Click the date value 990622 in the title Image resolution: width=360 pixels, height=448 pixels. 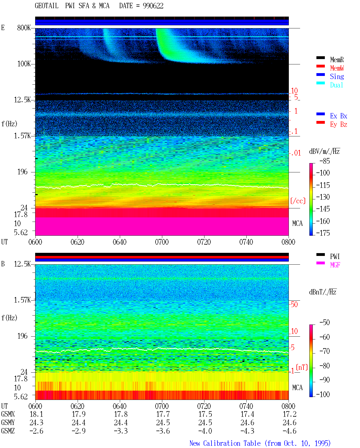click(x=153, y=6)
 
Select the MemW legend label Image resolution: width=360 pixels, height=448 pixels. click(x=337, y=68)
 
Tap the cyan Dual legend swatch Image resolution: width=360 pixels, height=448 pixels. click(x=320, y=83)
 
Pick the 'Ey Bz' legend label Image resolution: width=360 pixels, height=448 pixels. click(x=339, y=125)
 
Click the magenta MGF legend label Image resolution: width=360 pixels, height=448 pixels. click(x=335, y=265)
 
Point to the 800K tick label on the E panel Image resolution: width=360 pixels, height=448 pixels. click(x=24, y=28)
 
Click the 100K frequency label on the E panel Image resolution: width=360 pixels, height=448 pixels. click(x=24, y=64)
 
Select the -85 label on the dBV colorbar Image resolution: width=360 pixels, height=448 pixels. click(x=325, y=161)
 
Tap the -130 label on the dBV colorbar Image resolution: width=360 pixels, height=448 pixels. click(x=323, y=197)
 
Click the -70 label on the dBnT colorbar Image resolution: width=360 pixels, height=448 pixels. click(x=325, y=351)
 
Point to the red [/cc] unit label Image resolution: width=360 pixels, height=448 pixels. click(x=298, y=201)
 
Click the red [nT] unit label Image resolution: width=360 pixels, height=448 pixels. click(x=302, y=367)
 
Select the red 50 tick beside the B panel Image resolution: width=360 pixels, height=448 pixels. click(x=294, y=305)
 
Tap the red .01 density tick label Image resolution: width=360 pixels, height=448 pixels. click(x=296, y=153)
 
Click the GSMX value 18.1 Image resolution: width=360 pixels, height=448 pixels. click(x=36, y=414)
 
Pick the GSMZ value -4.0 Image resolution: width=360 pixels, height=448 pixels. click(x=205, y=431)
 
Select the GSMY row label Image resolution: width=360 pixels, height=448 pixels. click(x=8, y=423)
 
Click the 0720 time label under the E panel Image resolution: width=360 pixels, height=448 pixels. click(x=204, y=242)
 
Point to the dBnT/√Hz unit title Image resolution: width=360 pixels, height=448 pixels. click(x=323, y=292)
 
